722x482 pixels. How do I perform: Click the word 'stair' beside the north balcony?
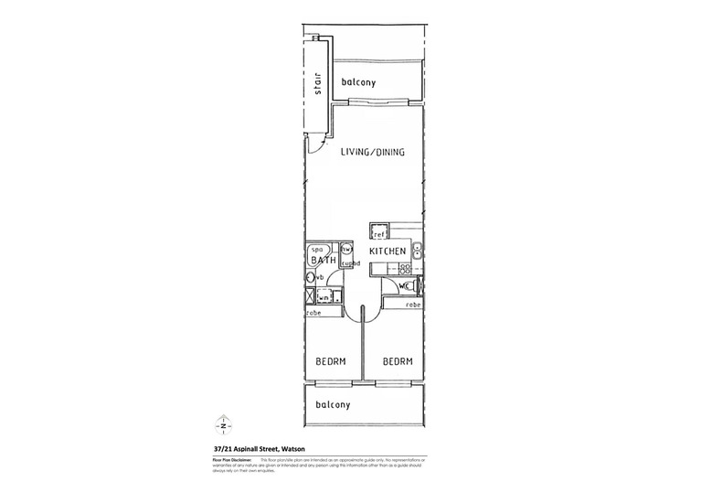coord(319,81)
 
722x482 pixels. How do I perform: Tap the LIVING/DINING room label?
coord(373,152)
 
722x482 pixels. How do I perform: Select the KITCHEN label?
coord(388,251)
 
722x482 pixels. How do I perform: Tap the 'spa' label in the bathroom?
coord(319,250)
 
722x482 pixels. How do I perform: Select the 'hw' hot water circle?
coord(346,249)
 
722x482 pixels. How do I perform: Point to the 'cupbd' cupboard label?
coord(352,263)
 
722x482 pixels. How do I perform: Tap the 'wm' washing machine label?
coord(324,297)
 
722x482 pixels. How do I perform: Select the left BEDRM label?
coord(330,361)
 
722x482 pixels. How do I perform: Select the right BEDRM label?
coord(398,361)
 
